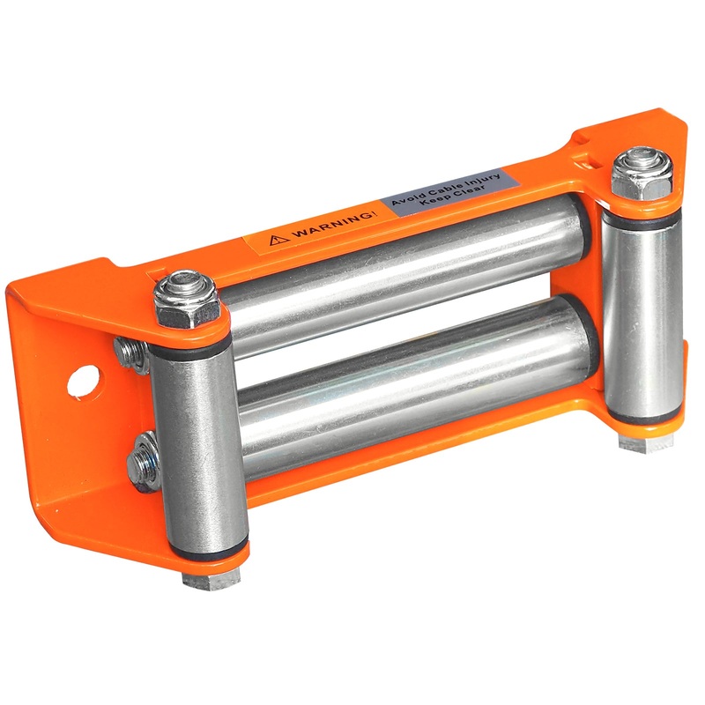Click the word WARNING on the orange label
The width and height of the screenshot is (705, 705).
[333, 226]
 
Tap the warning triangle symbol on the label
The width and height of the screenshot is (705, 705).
[279, 240]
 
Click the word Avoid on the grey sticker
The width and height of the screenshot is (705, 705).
[406, 199]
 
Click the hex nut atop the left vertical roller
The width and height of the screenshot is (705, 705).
[186, 300]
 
